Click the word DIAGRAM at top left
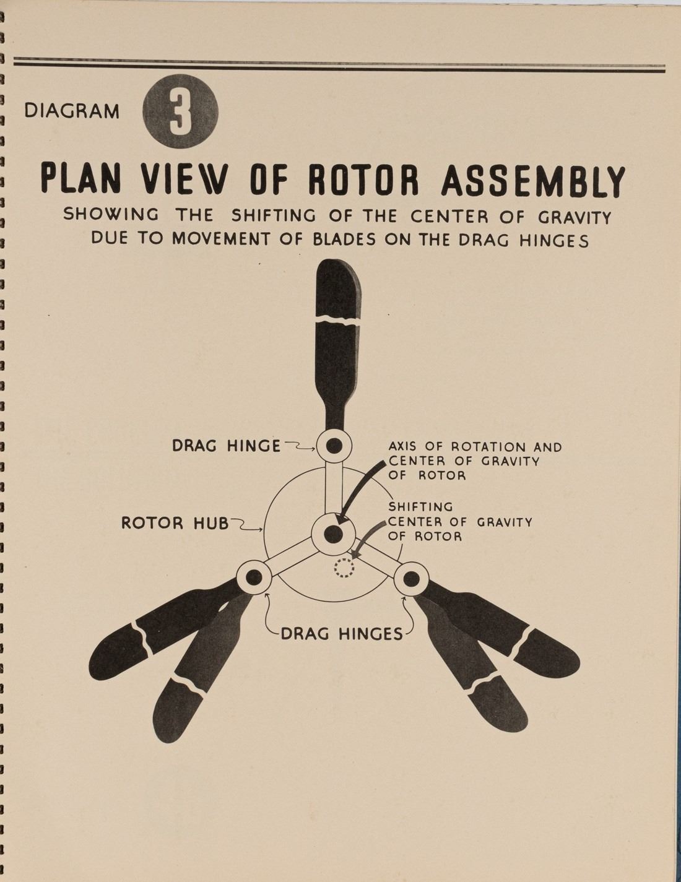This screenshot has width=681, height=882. click(x=72, y=111)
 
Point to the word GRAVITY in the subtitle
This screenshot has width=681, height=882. click(x=574, y=218)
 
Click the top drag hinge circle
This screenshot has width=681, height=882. click(x=334, y=445)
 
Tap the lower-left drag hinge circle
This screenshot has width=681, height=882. click(x=254, y=577)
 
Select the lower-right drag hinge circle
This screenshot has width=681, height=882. click(x=412, y=579)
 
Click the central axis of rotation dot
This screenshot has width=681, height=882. click(x=333, y=534)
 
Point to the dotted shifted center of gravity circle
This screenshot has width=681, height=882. click(x=344, y=567)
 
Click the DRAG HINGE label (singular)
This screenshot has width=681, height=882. click(x=226, y=446)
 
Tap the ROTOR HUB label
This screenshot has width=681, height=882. click(x=175, y=524)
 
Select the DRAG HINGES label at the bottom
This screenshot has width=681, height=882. click(x=342, y=634)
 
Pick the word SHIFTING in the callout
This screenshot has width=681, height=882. click(x=420, y=508)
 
